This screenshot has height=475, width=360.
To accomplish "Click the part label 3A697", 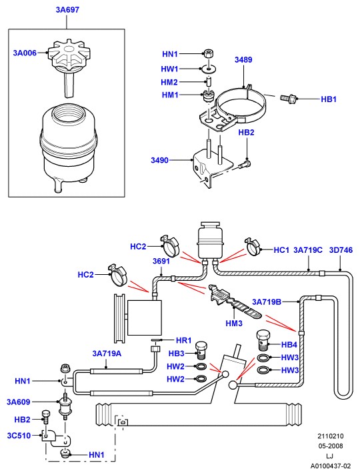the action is click(67, 10).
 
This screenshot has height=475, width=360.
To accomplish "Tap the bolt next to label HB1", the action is click(288, 98).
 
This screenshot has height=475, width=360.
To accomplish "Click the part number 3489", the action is click(243, 59).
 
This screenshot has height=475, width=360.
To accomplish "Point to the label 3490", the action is click(159, 160).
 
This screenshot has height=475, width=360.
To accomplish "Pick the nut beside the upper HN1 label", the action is click(208, 53).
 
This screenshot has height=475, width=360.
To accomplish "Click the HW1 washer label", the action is click(169, 69).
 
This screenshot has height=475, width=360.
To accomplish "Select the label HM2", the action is click(169, 82).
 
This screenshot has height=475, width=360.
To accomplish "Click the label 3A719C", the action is click(308, 250).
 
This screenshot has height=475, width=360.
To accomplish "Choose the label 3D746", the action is click(341, 250).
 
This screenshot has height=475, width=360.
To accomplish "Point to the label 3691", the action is click(161, 261).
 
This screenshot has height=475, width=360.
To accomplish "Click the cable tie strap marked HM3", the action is click(235, 302).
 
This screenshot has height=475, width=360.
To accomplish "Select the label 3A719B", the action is click(267, 302).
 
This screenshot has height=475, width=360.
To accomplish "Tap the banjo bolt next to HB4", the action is click(264, 340).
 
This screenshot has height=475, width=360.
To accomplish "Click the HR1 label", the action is click(183, 340).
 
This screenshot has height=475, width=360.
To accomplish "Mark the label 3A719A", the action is click(107, 354).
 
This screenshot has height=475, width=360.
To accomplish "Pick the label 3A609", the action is click(19, 402).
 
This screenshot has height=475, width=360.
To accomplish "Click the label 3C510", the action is click(19, 436).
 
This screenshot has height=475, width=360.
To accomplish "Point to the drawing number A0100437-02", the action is click(330, 466).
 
